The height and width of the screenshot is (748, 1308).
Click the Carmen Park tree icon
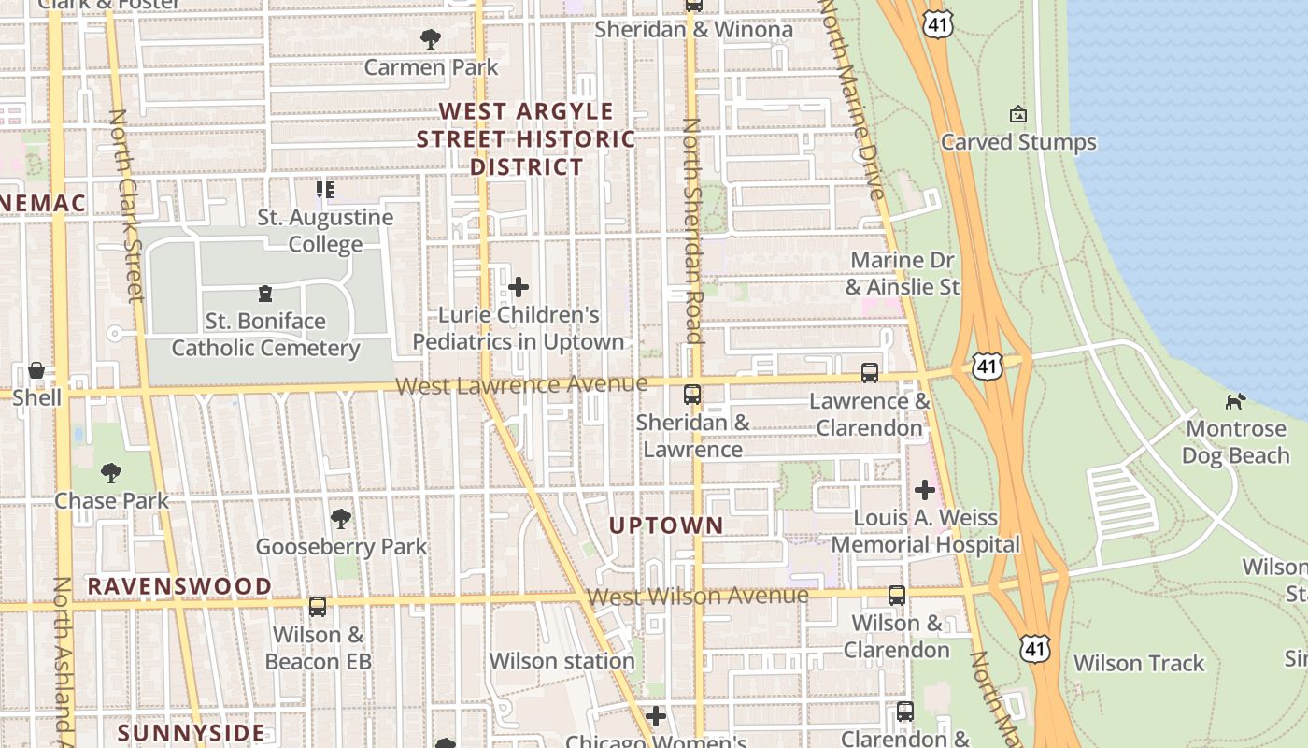tap(431, 39)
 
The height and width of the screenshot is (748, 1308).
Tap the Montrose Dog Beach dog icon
tap(1235, 401)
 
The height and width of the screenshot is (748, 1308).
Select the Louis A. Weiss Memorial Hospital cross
tap(925, 489)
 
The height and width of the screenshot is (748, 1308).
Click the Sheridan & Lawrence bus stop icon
tap(692, 395)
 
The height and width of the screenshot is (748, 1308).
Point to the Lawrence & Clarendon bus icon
tap(870, 373)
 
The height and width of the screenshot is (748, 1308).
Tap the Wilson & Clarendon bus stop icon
tap(897, 595)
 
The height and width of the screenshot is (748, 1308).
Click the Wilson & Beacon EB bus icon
tap(318, 607)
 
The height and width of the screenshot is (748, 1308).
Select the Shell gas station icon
tap(36, 370)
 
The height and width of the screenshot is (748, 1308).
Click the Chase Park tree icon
tap(111, 473)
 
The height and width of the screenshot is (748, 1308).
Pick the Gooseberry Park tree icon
tap(341, 518)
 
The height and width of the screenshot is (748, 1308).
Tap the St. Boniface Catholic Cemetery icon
tap(265, 294)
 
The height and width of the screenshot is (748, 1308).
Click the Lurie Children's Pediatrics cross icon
tap(519, 287)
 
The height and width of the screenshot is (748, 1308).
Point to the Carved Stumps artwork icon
tap(1018, 114)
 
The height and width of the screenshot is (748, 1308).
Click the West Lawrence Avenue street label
tap(520, 384)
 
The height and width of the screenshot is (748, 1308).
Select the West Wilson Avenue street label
tap(698, 596)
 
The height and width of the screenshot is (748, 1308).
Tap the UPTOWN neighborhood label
tap(666, 525)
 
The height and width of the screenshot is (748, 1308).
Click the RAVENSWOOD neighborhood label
tap(179, 586)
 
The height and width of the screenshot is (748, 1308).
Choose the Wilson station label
tap(562, 661)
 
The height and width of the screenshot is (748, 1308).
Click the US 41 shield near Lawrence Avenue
tap(987, 366)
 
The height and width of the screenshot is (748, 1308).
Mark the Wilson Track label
tap(1139, 663)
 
